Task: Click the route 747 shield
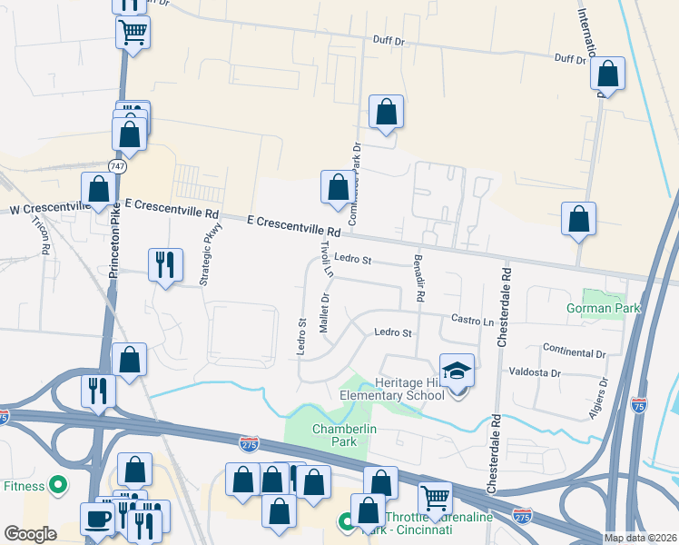pyautogui.click(x=120, y=167)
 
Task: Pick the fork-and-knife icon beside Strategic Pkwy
pyautogui.click(x=164, y=263)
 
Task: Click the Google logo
pyautogui.click(x=29, y=534)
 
